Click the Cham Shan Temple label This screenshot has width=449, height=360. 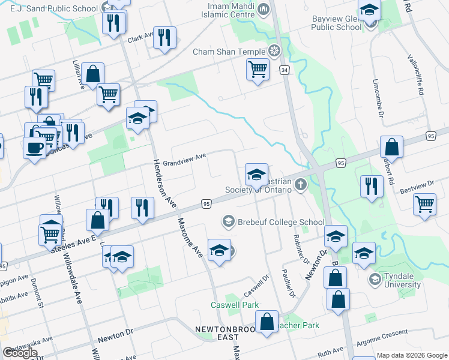coord(229,52)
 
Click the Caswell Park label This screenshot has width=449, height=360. coord(235,305)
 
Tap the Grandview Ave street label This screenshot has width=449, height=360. coord(184,160)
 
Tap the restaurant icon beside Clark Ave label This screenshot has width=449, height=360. coord(163,37)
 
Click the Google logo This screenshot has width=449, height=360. coord(20,352)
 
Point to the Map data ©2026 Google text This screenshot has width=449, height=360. coord(412,355)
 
